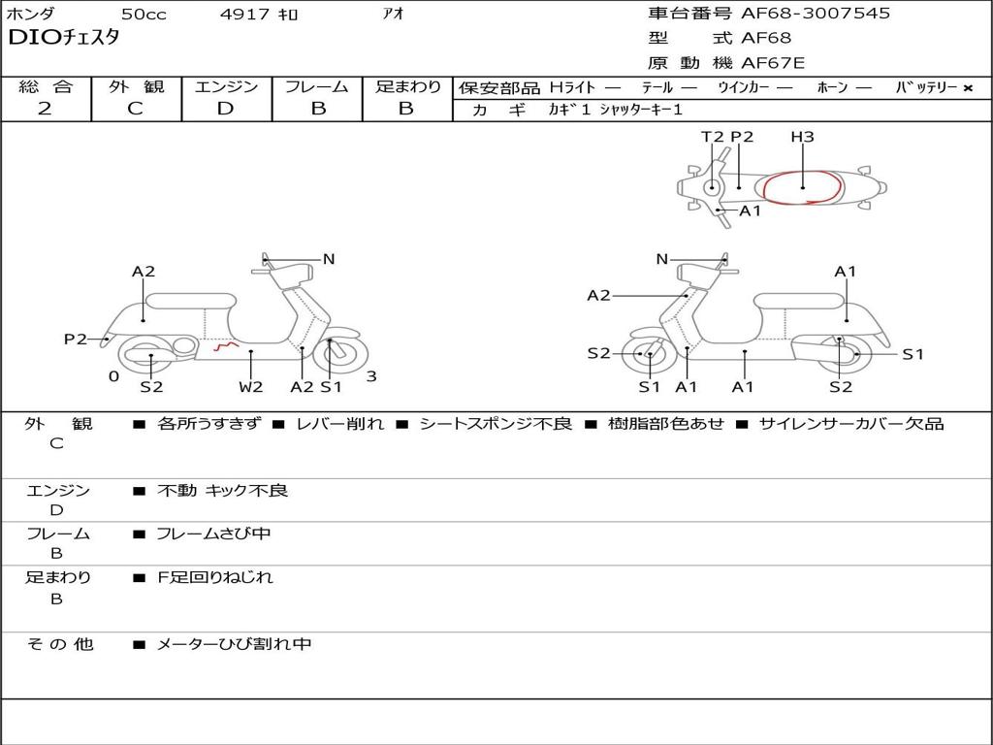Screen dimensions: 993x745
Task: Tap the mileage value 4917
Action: click(x=246, y=15)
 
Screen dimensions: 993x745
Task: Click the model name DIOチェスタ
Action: click(x=63, y=38)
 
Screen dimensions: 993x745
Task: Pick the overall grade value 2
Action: click(x=45, y=109)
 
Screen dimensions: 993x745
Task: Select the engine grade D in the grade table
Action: click(x=226, y=109)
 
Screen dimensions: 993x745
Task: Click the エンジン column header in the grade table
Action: click(x=226, y=86)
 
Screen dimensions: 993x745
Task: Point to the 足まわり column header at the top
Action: click(x=407, y=86)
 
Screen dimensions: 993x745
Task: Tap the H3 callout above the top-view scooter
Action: click(x=802, y=137)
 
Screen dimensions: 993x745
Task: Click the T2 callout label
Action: click(x=712, y=137)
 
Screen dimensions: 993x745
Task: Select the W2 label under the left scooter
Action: click(x=251, y=387)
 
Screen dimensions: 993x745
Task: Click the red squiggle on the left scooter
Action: click(x=226, y=344)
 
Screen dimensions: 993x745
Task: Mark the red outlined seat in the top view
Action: click(x=803, y=186)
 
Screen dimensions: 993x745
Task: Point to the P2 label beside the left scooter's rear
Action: click(x=75, y=339)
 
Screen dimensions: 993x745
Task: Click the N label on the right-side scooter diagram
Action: click(x=662, y=259)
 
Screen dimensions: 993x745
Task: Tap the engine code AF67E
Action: click(x=773, y=63)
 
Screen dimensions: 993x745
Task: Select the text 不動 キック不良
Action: click(x=222, y=491)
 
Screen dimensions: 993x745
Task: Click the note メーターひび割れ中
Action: click(x=234, y=644)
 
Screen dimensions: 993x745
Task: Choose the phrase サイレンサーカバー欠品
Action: click(x=850, y=424)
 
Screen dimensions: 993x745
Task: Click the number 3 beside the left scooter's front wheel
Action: click(x=371, y=377)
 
